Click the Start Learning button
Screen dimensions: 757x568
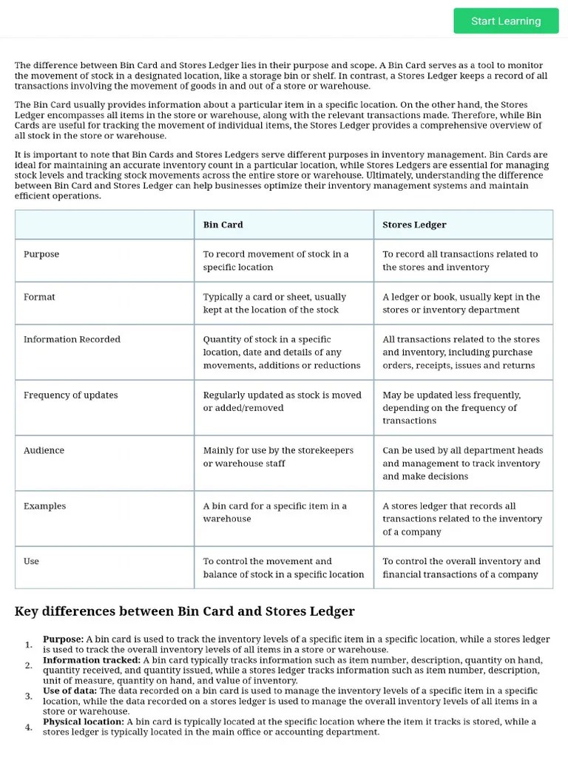[506, 21]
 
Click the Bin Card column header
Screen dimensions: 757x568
[223, 225]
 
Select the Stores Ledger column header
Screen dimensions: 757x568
[414, 225]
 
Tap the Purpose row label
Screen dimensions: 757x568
[41, 254]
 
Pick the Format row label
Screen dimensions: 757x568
[39, 297]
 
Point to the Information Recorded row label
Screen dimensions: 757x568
[72, 339]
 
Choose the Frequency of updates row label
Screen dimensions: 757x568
[70, 395]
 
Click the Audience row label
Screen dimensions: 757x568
[44, 450]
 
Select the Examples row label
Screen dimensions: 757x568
[44, 506]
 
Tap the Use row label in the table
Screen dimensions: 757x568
[31, 561]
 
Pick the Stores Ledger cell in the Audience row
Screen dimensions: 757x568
[462, 464]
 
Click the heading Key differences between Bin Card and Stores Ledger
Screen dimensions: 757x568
[184, 611]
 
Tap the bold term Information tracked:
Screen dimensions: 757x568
[91, 660]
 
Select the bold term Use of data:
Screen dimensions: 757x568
[70, 690]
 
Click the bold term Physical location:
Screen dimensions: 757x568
[83, 722]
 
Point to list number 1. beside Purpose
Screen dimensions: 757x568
[28, 645]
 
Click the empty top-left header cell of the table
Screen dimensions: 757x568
[104, 225]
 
